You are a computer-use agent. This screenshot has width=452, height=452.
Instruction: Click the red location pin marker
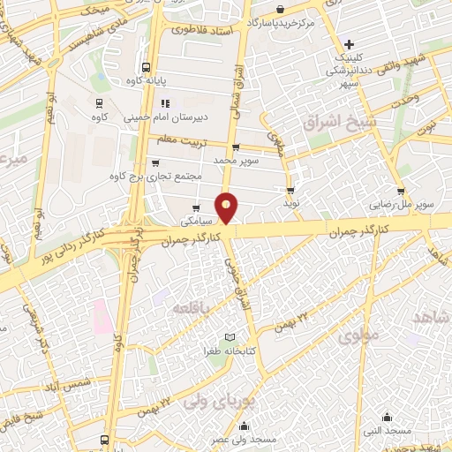228,206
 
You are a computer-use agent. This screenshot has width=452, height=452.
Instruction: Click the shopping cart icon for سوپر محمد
235,147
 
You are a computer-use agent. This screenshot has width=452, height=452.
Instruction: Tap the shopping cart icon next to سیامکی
196,207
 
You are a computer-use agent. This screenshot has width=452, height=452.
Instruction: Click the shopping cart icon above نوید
290,191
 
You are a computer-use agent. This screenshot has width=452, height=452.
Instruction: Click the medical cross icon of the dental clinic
350,44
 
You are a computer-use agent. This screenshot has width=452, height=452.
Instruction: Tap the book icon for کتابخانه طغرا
230,338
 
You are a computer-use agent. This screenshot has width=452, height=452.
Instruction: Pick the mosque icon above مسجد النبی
387,417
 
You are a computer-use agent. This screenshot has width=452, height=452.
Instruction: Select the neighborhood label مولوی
357,335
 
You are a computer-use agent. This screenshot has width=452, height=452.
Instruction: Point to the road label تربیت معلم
181,140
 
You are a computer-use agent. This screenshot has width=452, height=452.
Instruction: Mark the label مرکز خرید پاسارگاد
282,19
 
